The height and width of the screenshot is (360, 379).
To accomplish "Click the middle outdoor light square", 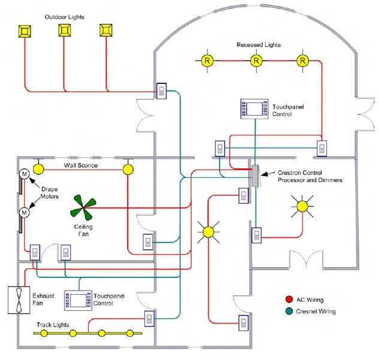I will coord(65,30).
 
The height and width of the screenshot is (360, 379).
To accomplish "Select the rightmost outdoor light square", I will coord(106,30).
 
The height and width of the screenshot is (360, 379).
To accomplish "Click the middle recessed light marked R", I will coord(256,60).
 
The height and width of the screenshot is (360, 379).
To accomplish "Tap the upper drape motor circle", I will coord(25,174).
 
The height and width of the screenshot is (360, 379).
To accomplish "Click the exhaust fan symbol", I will coord(19,300).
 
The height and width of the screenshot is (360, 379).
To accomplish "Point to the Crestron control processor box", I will coord(255,175).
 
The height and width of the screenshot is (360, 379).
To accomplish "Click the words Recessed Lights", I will coord(258,45).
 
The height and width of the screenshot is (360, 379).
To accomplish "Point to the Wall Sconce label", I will coord(81,165).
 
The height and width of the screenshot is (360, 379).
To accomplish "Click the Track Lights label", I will coord(53,325).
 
